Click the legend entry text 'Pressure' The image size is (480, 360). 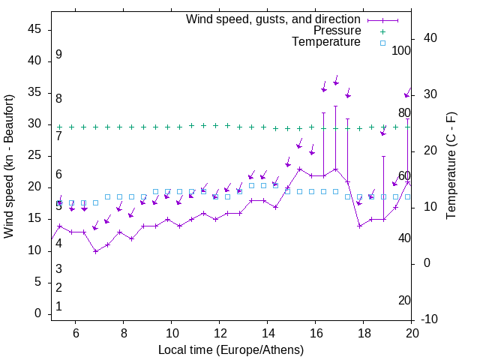pos(337,31)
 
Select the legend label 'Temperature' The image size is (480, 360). pos(326,42)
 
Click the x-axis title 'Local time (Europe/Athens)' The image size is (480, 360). pos(232,350)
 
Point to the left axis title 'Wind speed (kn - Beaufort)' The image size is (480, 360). pos(9,166)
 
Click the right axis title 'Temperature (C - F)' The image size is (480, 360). pos(451,166)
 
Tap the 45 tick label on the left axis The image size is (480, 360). pos(34,29)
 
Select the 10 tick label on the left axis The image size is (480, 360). pos(34,250)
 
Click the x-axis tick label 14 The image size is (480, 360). pos(268,333)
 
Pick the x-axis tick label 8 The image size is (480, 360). pos(124,333)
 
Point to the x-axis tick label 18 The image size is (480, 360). pos(364,333)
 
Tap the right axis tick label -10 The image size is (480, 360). pos(429,319)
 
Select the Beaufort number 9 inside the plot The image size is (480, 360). pos(58,55)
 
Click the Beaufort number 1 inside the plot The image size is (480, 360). pos(58,306)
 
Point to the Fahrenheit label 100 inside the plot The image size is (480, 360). pos(402,50)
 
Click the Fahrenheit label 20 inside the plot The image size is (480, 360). pos(404,301)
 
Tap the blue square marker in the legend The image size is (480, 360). pos(382,43)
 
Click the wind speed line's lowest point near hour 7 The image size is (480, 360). pos(95,251)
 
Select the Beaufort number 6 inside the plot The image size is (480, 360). pos(58,175)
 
